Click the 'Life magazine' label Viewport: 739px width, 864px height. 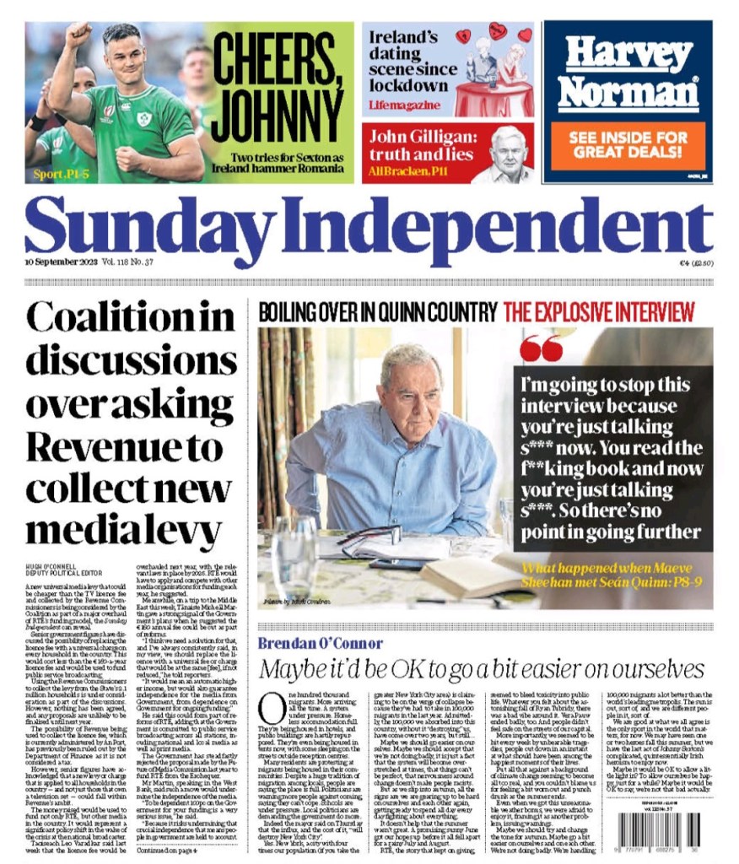point(404,105)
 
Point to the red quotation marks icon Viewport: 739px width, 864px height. point(541,348)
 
